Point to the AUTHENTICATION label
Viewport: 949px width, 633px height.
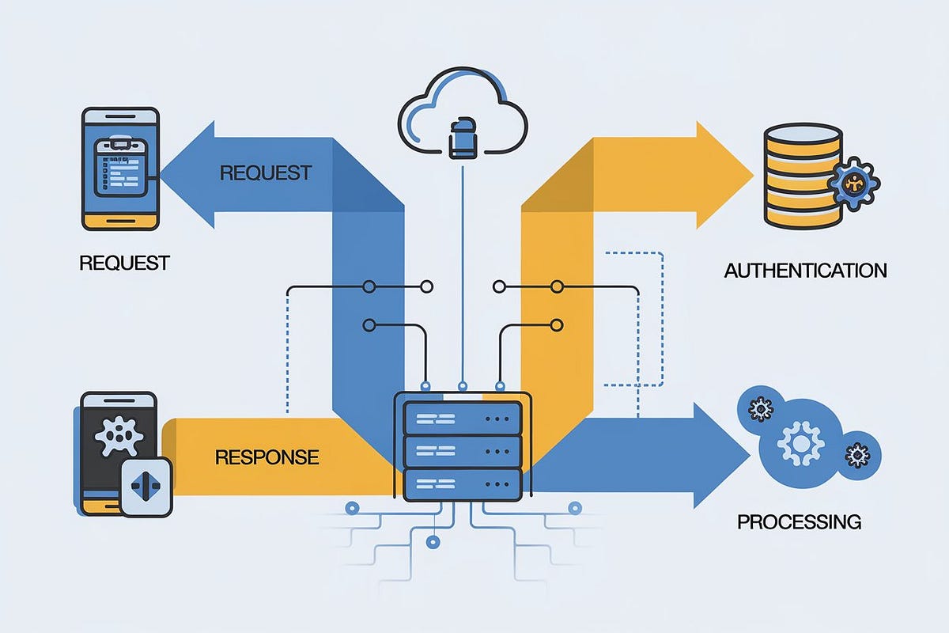[x=805, y=271]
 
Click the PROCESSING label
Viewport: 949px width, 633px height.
[x=799, y=522]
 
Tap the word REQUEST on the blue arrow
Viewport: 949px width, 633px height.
[x=265, y=172]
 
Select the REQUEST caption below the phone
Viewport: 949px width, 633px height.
[x=124, y=263]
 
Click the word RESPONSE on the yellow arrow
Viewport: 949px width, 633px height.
[x=267, y=457]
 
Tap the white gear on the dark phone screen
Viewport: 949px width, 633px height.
[x=120, y=434]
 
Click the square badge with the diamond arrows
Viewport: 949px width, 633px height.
[x=146, y=487]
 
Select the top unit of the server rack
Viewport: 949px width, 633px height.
[x=463, y=418]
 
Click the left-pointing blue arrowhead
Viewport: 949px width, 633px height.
[x=190, y=174]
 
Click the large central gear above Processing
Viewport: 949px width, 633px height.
[x=800, y=443]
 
